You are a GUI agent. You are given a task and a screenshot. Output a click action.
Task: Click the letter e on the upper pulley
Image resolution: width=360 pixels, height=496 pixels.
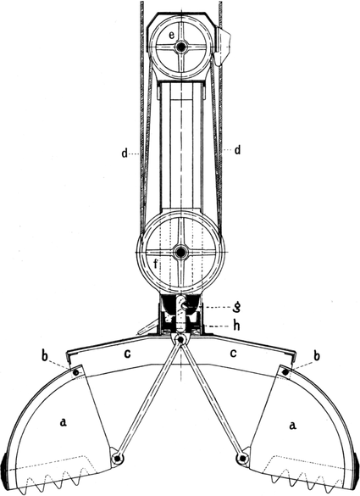coord(171,35)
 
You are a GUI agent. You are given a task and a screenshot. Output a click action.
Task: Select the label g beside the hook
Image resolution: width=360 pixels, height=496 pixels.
coord(236,308)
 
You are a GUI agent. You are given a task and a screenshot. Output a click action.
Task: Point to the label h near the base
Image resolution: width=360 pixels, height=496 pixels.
coord(236,326)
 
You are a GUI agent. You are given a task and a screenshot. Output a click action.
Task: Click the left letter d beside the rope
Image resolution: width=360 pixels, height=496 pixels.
coord(125,153)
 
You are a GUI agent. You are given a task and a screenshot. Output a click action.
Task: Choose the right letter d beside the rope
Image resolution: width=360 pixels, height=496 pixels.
coord(236,149)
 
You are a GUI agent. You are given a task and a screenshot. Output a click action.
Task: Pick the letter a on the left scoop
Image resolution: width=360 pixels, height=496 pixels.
coord(64,421)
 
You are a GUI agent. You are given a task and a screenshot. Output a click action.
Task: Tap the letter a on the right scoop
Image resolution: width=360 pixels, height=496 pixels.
coord(293,426)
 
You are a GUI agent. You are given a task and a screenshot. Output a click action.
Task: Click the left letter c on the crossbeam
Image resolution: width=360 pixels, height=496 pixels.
coord(127,354)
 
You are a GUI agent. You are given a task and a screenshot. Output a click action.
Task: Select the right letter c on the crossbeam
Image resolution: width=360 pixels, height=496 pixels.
coord(233,353)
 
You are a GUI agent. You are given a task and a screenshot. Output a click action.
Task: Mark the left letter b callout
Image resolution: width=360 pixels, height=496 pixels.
coord(45,355)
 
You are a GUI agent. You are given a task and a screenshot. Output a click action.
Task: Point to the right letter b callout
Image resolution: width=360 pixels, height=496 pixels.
coord(317,355)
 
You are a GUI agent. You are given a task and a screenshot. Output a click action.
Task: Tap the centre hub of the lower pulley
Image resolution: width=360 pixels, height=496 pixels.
coord(180,253)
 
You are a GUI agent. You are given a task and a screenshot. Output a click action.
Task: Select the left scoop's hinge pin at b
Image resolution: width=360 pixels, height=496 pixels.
coord(76,373)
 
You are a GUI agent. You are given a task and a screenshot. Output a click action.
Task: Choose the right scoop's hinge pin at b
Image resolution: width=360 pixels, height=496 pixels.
coord(285,372)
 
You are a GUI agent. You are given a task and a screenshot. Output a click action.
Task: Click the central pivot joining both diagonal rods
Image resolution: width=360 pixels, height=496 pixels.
coord(180,340)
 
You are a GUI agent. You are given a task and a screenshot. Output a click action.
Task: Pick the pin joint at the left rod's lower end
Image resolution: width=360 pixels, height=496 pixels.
coord(117,458)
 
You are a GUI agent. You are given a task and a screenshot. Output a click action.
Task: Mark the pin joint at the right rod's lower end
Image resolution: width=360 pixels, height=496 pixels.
coord(242,458)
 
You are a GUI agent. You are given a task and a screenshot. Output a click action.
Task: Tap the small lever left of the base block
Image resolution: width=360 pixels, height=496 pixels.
coord(147,328)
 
